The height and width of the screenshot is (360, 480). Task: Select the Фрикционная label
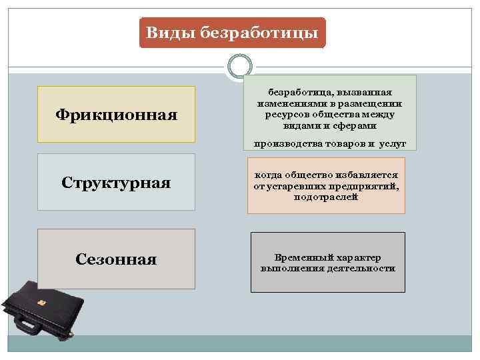coord(116,115)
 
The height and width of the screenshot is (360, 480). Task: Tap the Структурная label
coord(116,183)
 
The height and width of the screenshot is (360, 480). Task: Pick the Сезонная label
coord(116,259)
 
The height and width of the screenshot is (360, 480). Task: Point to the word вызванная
coord(365,93)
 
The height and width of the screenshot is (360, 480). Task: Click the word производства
coord(289,143)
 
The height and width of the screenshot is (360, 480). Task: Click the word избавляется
coord(369,175)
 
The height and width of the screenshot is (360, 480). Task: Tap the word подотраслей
coord(326,197)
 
